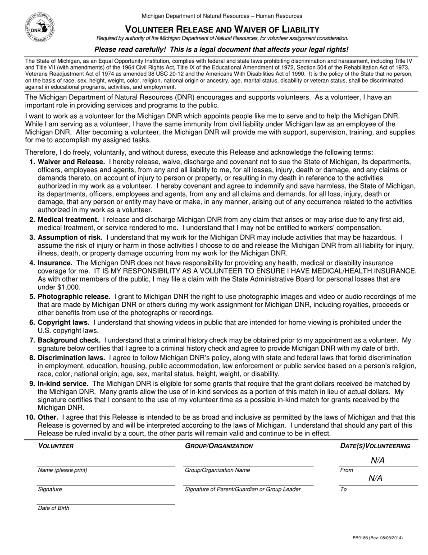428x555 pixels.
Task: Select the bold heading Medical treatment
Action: [x=68, y=220]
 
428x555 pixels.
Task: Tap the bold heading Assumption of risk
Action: [x=70, y=237]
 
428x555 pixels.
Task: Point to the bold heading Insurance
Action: [x=55, y=263]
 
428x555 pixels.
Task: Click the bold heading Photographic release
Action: [x=74, y=296]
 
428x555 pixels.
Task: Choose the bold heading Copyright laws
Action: [x=64, y=322]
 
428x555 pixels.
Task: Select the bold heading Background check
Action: [x=69, y=340]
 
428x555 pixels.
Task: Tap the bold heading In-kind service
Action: [x=63, y=384]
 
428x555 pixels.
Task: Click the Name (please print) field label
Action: [x=63, y=470]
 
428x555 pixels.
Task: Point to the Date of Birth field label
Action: [x=54, y=508]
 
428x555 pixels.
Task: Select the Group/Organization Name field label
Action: [x=217, y=470]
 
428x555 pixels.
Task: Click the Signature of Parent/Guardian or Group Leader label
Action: [x=242, y=489]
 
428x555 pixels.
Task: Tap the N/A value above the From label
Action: [x=378, y=460]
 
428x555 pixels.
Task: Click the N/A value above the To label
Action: [x=375, y=479]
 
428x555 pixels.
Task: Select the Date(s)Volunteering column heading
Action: [x=375, y=446]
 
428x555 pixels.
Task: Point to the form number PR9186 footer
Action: [x=378, y=538]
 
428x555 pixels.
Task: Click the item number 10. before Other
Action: [x=30, y=417]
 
